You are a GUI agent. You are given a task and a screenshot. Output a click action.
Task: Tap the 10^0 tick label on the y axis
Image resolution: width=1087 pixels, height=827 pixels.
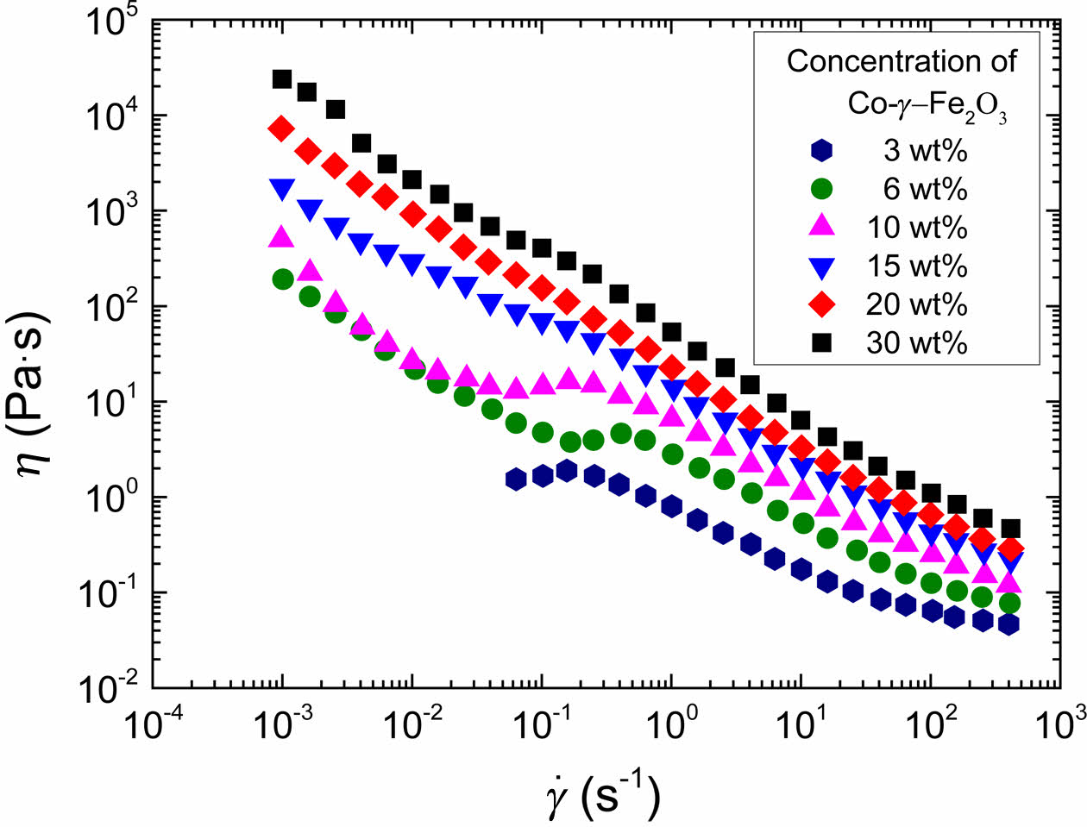(x=108, y=499)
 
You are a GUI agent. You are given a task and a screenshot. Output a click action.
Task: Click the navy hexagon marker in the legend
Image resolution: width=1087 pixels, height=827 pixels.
(x=823, y=150)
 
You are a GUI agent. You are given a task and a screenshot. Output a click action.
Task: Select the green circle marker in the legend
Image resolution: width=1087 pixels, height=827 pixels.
(x=823, y=189)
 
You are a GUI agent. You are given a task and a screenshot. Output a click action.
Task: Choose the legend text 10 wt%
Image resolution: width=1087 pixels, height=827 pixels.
(x=916, y=228)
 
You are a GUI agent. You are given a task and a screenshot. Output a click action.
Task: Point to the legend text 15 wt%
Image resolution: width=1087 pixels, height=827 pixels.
(x=916, y=266)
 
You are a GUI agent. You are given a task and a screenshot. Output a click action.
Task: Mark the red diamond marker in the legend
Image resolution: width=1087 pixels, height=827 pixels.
(x=823, y=304)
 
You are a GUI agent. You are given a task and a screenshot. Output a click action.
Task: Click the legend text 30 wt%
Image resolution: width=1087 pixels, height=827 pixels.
(x=916, y=343)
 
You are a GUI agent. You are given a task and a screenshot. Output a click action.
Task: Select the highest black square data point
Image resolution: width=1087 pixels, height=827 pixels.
(x=282, y=79)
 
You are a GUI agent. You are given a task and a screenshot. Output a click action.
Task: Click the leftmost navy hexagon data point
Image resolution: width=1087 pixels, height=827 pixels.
(x=516, y=479)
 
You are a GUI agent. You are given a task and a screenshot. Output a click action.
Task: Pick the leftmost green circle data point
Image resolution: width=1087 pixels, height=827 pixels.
(x=283, y=279)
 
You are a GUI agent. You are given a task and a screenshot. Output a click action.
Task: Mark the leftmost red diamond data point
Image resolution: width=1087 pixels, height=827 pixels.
(x=281, y=128)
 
